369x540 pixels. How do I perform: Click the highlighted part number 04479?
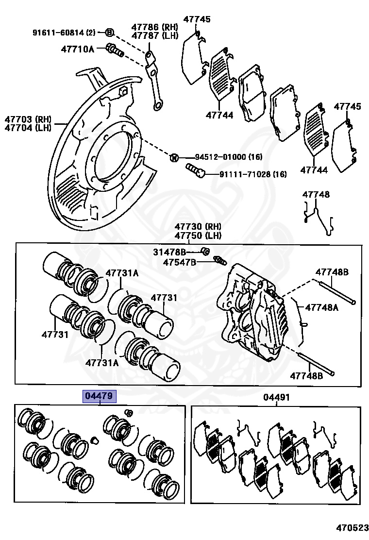(100, 396)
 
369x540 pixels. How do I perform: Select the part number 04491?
(276, 397)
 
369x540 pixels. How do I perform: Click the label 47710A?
(77, 49)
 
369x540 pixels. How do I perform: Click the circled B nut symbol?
(109, 33)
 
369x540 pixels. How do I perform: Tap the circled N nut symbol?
(174, 157)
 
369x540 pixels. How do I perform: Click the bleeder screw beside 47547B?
(220, 261)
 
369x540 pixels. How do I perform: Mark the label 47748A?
(321, 307)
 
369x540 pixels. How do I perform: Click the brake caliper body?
(252, 311)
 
